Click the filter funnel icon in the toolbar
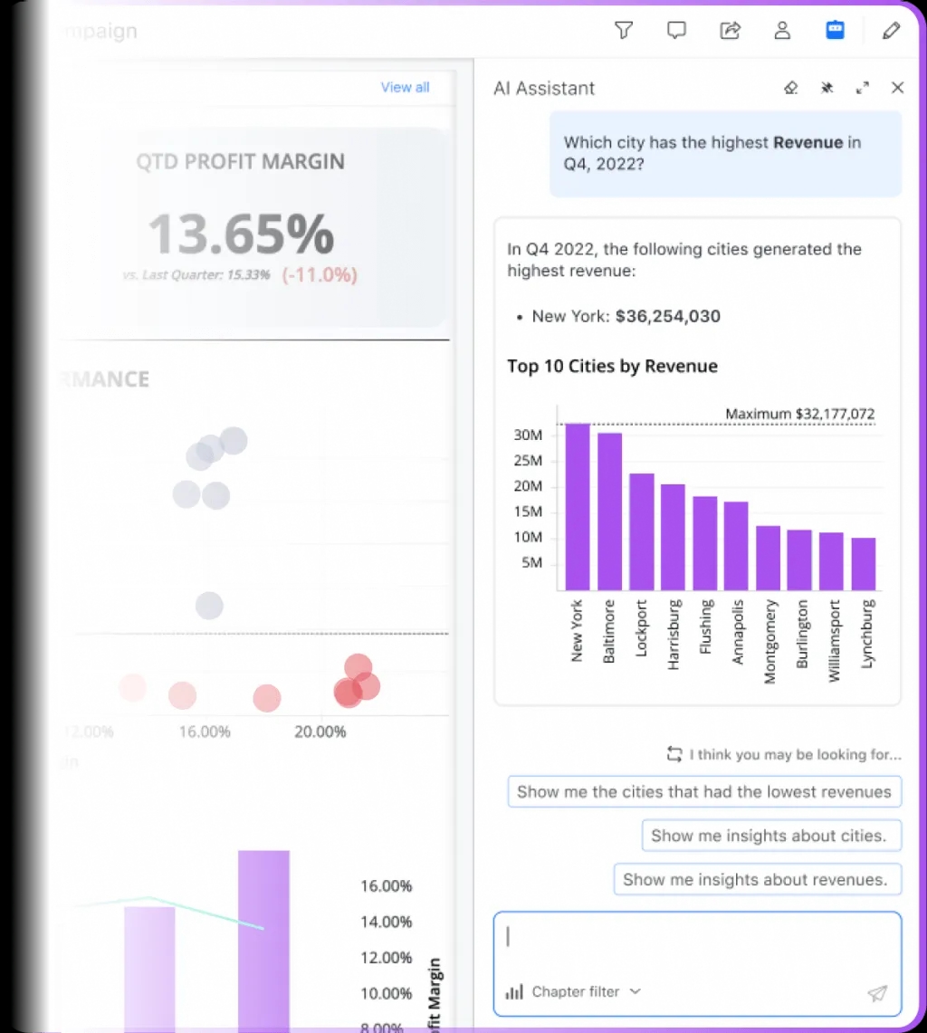623,31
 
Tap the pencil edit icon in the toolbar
891,31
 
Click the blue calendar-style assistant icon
835,31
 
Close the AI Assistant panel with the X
897,88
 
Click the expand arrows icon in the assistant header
862,88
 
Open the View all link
405,87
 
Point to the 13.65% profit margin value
241,234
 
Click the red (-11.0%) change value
320,275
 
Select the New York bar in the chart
578,507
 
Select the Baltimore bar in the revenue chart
609,512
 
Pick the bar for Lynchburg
864,564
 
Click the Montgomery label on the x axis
769,640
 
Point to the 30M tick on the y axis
528,435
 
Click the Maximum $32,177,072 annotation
799,414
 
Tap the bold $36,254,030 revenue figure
668,316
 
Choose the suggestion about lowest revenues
703,791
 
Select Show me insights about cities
768,836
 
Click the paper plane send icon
876,993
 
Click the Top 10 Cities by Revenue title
612,366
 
